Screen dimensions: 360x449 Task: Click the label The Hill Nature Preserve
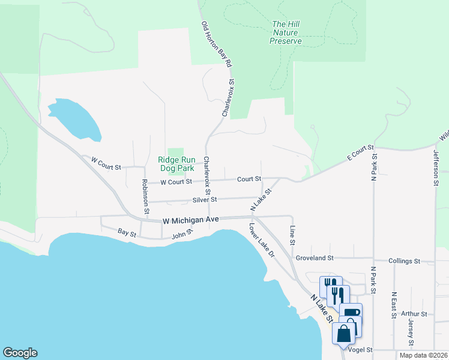tap(285, 33)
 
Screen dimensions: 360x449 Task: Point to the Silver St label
tap(204, 199)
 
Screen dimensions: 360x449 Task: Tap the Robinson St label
tap(145, 196)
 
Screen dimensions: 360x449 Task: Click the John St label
tap(182, 233)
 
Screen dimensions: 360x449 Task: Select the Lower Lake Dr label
tap(262, 241)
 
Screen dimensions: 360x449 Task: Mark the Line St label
tap(292, 235)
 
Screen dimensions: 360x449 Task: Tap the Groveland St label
tap(314, 258)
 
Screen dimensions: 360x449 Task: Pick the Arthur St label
tap(414, 313)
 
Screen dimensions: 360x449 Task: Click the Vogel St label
tap(361, 350)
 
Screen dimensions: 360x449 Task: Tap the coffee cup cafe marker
tap(351, 313)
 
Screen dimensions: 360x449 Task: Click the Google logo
tap(20, 353)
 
